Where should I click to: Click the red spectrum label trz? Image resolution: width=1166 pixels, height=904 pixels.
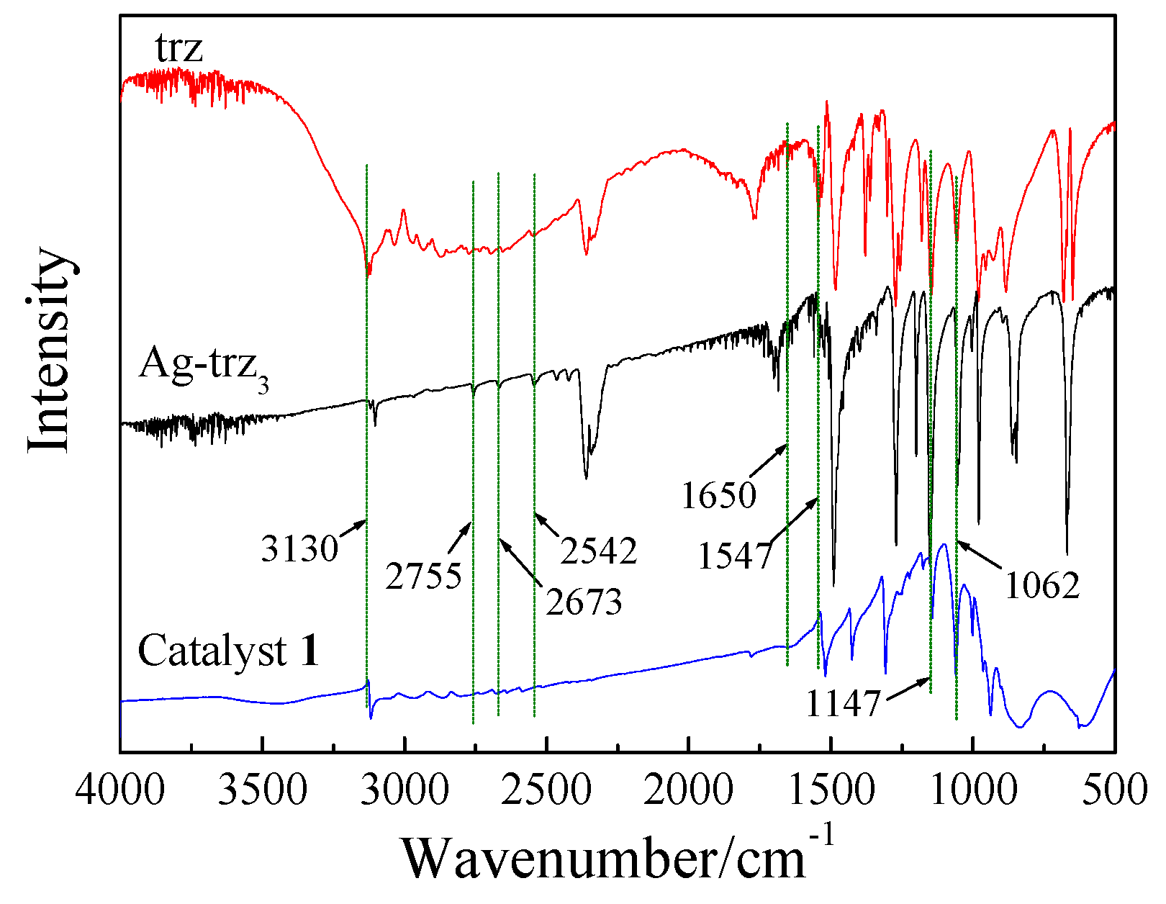(178, 49)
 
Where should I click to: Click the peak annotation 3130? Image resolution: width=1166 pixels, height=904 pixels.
(299, 550)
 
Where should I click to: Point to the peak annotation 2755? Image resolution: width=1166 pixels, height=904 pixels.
(423, 577)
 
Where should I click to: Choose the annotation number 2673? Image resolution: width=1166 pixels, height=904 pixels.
(584, 602)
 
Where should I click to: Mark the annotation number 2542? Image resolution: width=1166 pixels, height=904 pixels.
(599, 551)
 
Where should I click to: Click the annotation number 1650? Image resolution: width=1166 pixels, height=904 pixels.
(718, 496)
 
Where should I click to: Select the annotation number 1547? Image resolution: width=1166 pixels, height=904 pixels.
(735, 556)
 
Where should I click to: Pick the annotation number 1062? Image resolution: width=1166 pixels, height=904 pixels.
(1042, 587)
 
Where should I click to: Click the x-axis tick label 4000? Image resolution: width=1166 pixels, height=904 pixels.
(120, 790)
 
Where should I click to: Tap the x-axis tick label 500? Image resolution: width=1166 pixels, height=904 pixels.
(1114, 790)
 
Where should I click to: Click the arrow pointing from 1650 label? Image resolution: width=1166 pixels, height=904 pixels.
(769, 461)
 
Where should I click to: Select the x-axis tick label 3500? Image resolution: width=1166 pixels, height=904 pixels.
(262, 790)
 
